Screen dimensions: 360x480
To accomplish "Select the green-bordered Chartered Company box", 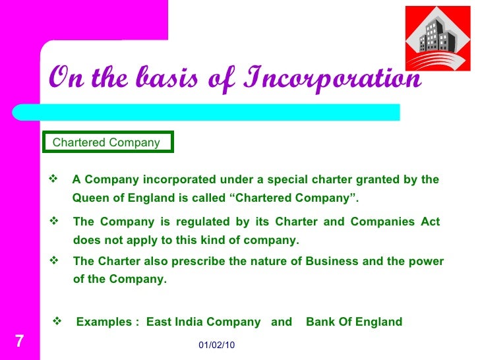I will pyautogui.click(x=107, y=142).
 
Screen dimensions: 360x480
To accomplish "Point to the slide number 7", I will pyautogui.click(x=19, y=342).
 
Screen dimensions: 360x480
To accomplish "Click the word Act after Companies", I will pyautogui.click(x=430, y=222).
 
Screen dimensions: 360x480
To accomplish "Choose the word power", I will pyautogui.click(x=429, y=261).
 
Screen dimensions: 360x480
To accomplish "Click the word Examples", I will pyautogui.click(x=105, y=322).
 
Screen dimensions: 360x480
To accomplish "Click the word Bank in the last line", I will pyautogui.click(x=320, y=322).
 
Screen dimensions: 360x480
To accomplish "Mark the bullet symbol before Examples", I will pyautogui.click(x=57, y=321).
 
